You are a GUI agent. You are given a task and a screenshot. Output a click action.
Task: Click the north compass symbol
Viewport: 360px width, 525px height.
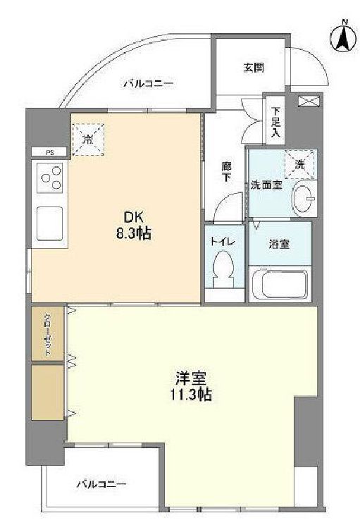click(343, 38)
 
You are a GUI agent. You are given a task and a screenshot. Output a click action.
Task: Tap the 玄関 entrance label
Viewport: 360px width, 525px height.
click(254, 68)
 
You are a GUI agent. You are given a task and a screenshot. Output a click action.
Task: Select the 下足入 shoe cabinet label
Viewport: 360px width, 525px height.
click(276, 123)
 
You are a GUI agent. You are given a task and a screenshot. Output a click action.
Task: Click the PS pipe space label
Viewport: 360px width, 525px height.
click(50, 153)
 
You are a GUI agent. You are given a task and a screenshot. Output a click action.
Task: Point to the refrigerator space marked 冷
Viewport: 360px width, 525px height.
click(88, 140)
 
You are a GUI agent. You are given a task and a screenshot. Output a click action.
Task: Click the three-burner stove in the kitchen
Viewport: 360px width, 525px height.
click(51, 178)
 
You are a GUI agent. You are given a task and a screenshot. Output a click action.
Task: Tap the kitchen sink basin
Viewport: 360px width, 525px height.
click(50, 223)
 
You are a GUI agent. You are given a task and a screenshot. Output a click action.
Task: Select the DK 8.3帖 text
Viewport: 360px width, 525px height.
click(133, 226)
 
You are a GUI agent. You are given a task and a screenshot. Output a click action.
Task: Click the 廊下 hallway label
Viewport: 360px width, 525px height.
click(227, 171)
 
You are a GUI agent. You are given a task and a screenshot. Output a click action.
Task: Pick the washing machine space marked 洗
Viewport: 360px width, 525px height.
click(300, 163)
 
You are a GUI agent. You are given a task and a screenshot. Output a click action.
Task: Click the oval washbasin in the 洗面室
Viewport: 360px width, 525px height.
click(304, 199)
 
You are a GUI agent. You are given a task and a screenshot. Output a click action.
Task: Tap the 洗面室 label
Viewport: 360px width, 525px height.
click(267, 185)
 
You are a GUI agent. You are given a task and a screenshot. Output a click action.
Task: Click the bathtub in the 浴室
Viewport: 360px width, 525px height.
click(280, 284)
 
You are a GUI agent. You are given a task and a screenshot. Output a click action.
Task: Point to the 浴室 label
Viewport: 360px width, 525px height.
click(280, 244)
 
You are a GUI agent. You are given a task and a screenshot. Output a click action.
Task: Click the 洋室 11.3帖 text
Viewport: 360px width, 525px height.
click(191, 387)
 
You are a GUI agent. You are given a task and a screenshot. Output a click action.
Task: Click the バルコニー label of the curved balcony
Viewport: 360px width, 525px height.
click(149, 83)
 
